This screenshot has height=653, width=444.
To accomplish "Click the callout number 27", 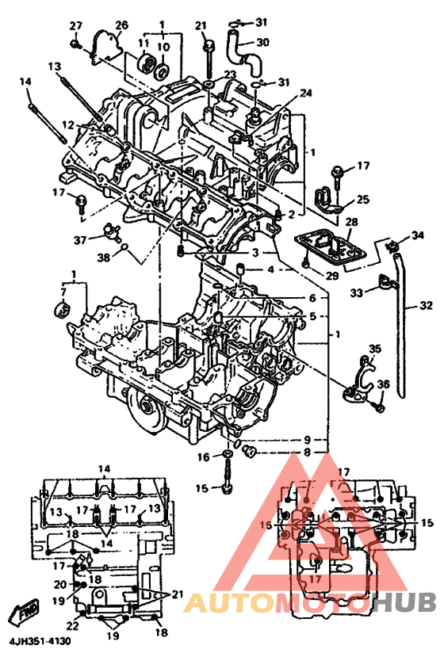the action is click(76, 26).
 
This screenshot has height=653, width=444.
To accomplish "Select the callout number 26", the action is click(121, 25).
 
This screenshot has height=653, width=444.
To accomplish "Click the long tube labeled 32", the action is click(400, 325).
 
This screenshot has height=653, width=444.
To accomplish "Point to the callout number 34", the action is click(417, 235).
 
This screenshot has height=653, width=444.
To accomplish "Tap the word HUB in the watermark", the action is click(403, 602).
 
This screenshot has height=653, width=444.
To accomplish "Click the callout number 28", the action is click(351, 222).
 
